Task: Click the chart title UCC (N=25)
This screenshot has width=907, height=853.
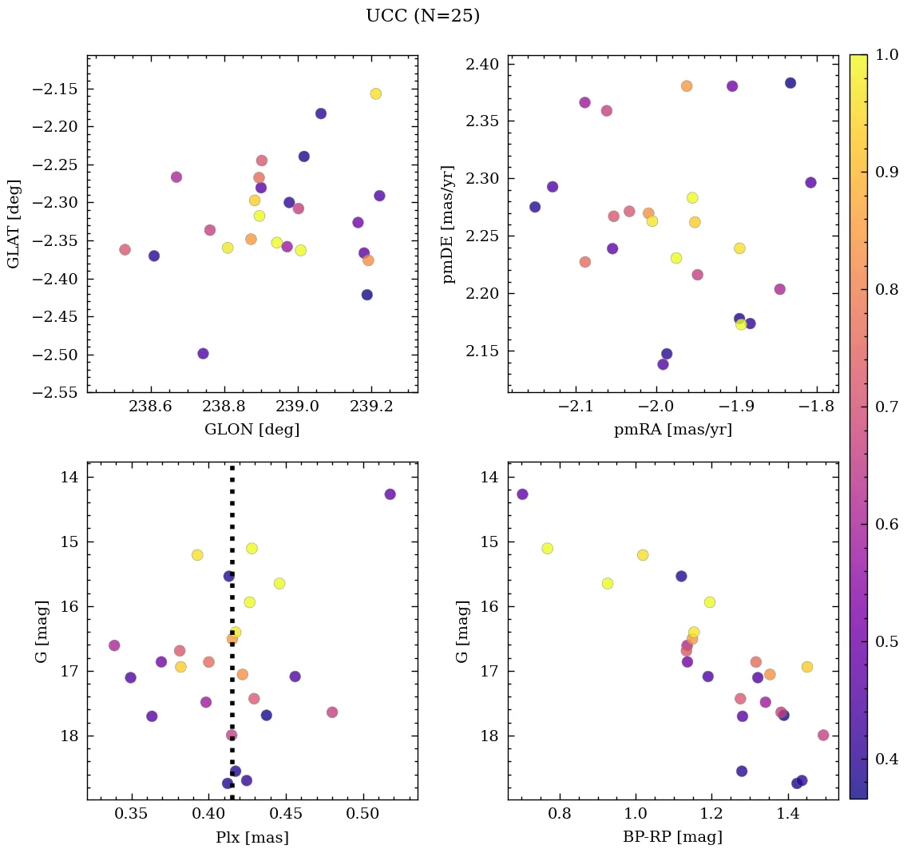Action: [x=422, y=16]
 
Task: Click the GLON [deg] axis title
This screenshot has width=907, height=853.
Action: [x=252, y=430]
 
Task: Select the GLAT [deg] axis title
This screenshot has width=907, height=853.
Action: [x=14, y=224]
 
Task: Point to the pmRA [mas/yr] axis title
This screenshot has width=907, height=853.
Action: [x=672, y=430]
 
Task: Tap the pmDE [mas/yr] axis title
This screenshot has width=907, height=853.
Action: [x=449, y=224]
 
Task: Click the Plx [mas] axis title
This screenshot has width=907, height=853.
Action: [x=252, y=837]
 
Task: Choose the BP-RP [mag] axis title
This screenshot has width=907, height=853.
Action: [x=672, y=837]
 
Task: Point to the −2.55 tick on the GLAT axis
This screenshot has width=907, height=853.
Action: [x=54, y=393]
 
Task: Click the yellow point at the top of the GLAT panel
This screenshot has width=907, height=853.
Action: [x=375, y=93]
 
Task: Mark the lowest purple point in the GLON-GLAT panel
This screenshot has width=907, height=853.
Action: [x=203, y=353]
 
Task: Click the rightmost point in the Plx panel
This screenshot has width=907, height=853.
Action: [x=390, y=494]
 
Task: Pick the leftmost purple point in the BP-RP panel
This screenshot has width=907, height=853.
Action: [x=522, y=494]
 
